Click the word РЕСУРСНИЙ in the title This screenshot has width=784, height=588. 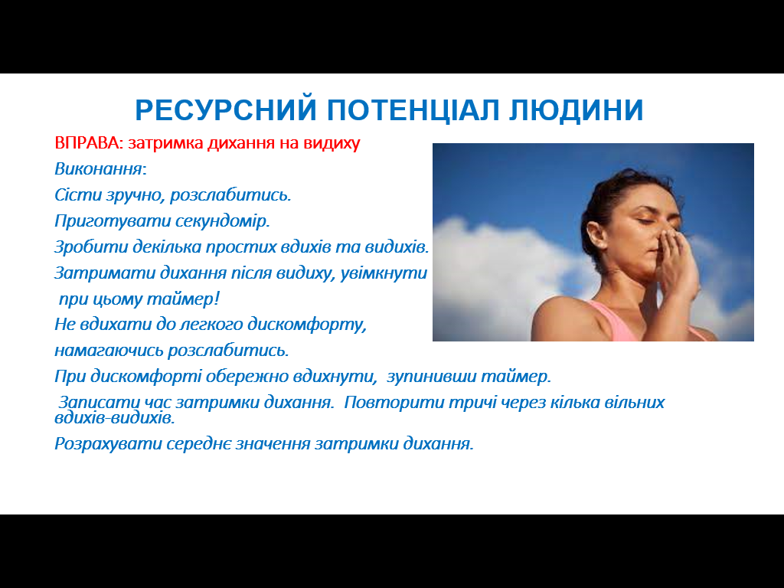tap(226, 110)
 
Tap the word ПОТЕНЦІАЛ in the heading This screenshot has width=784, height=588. tap(413, 110)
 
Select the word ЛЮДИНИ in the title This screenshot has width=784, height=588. tap(576, 110)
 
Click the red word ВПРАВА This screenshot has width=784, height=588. tap(87, 143)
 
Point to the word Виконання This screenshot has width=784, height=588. tap(99, 169)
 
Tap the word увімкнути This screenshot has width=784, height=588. tap(384, 273)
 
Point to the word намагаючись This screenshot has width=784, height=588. tap(109, 351)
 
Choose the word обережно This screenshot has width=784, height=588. tap(247, 376)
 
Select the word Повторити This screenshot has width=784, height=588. tap(394, 403)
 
